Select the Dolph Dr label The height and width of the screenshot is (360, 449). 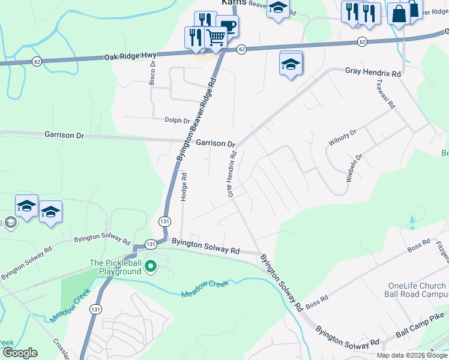point(177,121)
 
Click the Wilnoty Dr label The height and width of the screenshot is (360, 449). point(343,138)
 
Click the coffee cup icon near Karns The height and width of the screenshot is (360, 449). point(228,26)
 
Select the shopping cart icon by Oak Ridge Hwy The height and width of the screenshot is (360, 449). point(216,38)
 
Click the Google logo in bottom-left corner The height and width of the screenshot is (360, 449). point(19,353)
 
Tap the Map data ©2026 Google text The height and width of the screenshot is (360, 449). point(412,355)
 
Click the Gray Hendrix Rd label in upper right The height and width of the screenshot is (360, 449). point(372,72)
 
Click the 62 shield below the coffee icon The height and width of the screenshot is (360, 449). point(241,49)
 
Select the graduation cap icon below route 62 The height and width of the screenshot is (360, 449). point(291,63)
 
